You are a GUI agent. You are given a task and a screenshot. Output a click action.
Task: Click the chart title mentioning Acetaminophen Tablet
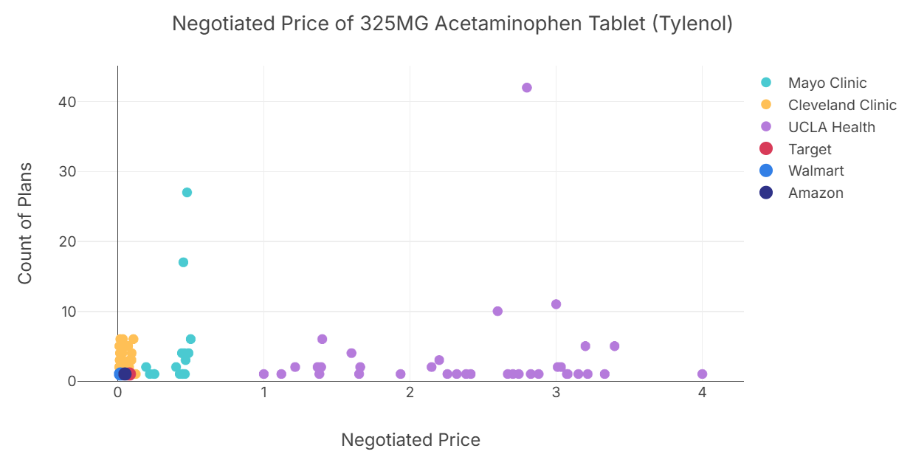452,24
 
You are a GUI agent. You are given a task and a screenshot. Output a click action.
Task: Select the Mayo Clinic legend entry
827,83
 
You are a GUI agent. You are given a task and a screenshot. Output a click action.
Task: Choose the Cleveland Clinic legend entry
841,105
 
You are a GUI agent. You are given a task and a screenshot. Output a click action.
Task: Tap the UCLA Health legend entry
831,127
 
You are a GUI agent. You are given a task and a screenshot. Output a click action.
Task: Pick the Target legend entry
809,149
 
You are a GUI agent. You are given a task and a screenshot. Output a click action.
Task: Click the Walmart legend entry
816,171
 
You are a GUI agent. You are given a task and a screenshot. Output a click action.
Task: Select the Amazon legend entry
815,193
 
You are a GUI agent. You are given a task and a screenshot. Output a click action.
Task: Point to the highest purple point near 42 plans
527,88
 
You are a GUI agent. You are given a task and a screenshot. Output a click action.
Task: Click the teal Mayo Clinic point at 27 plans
187,193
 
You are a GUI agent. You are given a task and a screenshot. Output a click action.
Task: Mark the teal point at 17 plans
183,262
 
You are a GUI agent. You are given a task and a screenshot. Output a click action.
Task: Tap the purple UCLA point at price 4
702,374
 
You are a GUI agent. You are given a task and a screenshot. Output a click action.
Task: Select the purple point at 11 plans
556,304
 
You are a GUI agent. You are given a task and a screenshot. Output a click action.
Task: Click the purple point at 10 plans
497,312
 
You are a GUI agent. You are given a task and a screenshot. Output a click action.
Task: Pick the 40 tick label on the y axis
67,102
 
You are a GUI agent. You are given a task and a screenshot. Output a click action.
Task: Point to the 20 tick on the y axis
67,241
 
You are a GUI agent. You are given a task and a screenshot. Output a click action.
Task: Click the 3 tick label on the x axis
556,392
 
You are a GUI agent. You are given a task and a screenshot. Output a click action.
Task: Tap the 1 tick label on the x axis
263,392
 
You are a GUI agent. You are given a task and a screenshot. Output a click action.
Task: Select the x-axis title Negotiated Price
410,440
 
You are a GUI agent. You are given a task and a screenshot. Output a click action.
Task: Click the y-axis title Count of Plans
25,223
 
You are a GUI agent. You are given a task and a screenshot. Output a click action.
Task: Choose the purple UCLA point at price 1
263,374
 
